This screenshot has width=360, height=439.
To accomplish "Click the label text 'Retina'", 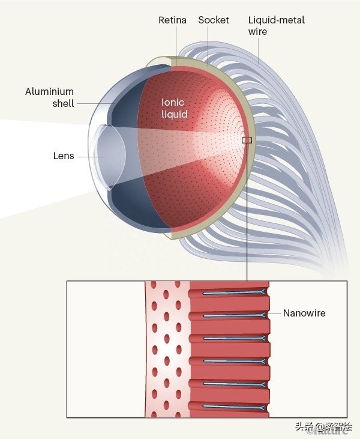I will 172,20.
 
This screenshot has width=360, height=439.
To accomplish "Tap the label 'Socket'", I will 214,20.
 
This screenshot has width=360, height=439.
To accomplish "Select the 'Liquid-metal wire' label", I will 276,25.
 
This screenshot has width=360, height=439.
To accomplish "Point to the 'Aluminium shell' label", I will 49,97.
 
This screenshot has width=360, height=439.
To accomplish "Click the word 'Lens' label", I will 64,156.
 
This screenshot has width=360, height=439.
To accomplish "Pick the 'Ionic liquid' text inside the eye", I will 175,108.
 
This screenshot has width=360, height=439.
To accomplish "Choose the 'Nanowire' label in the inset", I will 305,313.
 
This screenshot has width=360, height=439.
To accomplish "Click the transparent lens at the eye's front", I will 102,156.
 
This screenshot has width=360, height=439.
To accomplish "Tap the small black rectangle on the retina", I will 247,140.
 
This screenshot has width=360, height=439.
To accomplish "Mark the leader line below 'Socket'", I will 208,45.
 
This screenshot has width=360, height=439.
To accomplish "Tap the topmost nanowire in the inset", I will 234,293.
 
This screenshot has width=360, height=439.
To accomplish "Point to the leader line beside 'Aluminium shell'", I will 96,103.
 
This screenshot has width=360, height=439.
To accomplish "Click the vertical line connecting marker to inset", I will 247,210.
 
